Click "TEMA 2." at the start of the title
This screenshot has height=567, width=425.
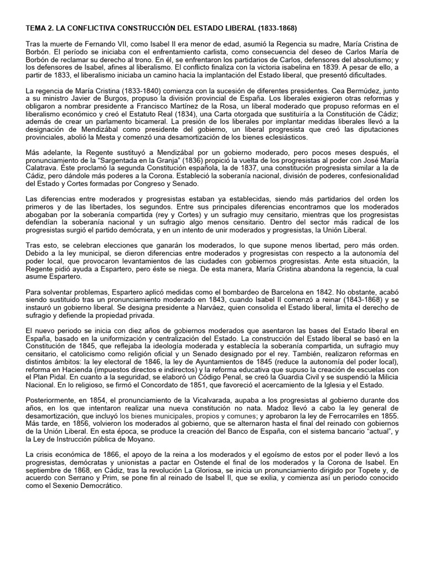point(39,27)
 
